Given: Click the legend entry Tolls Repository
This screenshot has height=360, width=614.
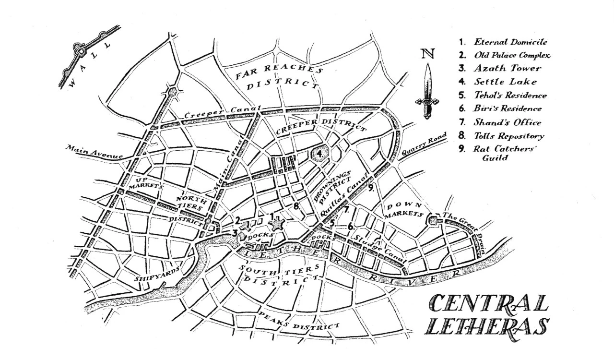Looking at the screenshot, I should [508, 136].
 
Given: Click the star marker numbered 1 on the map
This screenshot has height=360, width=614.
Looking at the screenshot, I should [276, 223].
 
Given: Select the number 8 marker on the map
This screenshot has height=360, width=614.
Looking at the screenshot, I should [297, 206].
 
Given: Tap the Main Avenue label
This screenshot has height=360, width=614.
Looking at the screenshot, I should [94, 152].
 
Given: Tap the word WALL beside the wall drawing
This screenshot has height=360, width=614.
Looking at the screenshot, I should [89, 65].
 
